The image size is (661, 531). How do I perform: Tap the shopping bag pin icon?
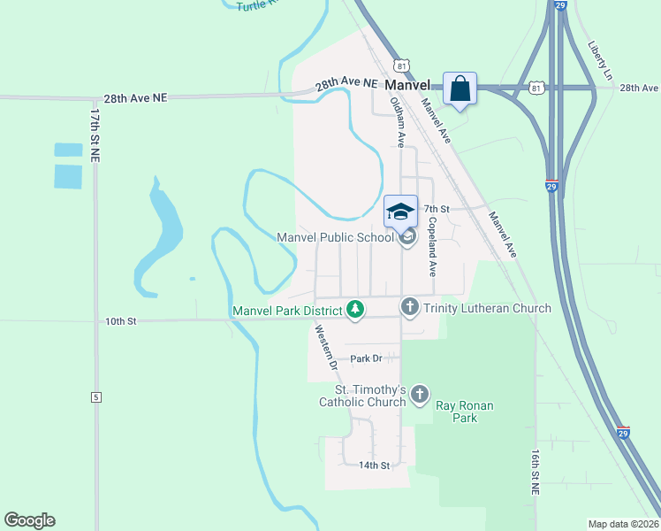click(460, 88)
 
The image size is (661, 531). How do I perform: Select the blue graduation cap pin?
click(400, 211)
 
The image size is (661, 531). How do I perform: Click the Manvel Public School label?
click(335, 237)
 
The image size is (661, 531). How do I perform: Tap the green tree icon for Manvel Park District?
click(354, 309)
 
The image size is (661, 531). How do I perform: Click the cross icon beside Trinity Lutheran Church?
click(409, 307)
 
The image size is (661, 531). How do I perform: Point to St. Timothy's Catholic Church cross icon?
click(420, 394)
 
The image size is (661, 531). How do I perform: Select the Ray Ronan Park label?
click(464, 412)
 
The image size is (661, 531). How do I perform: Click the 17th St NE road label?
click(94, 135)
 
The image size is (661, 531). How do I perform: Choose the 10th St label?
click(121, 320)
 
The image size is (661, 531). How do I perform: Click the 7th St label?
click(437, 209)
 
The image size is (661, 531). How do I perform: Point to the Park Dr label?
click(366, 358)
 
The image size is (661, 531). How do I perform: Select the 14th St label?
click(374, 465)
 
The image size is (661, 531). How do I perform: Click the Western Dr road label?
click(326, 347)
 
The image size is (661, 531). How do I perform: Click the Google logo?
click(29, 520)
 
